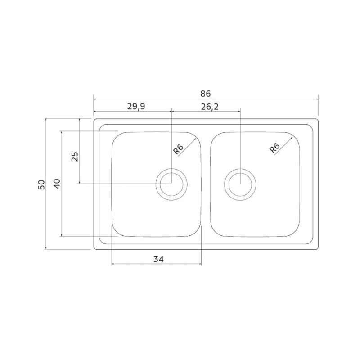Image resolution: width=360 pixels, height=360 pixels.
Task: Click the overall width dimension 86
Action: (x=205, y=94)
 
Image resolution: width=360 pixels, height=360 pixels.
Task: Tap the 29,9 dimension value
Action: (x=136, y=107)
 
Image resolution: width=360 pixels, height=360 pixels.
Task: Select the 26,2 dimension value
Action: (x=210, y=107)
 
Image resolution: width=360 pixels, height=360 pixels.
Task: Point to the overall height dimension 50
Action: (x=41, y=184)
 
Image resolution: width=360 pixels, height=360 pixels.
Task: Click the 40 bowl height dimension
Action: (x=57, y=184)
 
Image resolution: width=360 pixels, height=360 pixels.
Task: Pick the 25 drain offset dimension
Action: (x=75, y=157)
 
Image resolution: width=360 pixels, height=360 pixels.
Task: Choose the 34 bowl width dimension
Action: (x=158, y=259)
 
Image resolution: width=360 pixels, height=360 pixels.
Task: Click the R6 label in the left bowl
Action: (x=178, y=149)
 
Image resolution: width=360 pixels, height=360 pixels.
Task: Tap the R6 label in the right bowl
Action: (x=274, y=148)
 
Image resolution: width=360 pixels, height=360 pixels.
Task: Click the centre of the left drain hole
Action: (x=171, y=184)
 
